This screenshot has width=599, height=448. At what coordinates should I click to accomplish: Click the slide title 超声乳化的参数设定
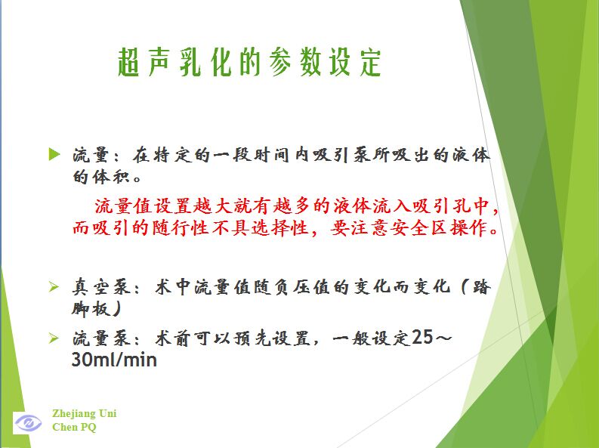point(249,62)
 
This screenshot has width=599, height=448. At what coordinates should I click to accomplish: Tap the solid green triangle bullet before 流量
point(54,155)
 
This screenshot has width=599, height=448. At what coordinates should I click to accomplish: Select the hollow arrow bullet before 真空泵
point(54,286)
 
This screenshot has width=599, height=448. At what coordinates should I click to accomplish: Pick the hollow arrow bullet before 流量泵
point(54,338)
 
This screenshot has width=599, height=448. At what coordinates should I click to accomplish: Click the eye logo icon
point(27,422)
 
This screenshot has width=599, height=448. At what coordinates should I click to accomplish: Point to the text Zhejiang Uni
point(85,413)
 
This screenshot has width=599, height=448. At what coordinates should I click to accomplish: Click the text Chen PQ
point(74,427)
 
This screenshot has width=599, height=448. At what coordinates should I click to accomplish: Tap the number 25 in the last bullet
point(422,337)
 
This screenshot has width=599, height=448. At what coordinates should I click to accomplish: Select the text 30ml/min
point(114,360)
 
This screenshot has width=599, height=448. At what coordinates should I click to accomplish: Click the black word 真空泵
point(102,287)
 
